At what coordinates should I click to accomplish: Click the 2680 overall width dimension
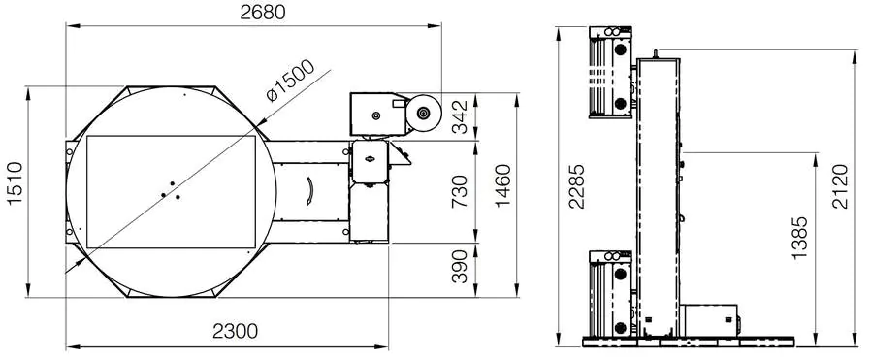(x=263, y=13)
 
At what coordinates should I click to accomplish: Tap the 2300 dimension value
(x=236, y=331)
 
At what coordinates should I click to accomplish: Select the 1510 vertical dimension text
(x=15, y=183)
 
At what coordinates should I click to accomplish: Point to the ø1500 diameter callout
(x=290, y=81)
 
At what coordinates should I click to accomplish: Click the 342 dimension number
(x=460, y=116)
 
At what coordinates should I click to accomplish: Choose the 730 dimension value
(x=460, y=191)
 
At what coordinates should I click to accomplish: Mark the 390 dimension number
(x=460, y=266)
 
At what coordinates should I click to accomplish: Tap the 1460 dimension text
(x=503, y=186)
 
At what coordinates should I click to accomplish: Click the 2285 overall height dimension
(x=577, y=186)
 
